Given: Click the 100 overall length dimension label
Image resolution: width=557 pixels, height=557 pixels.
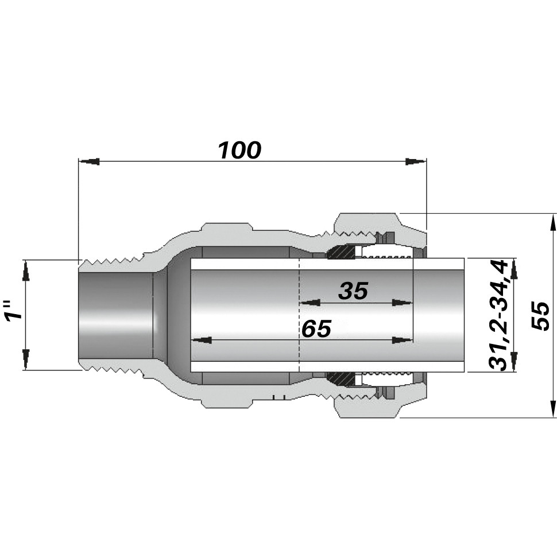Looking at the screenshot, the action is [x=240, y=150].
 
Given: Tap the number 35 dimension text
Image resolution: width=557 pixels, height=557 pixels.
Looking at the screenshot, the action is [x=353, y=291].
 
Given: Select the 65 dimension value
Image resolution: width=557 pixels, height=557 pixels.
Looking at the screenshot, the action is [x=316, y=328].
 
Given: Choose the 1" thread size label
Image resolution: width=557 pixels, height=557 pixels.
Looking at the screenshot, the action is [x=14, y=310].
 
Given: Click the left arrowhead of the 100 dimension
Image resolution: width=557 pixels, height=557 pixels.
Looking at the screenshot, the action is [x=89, y=161].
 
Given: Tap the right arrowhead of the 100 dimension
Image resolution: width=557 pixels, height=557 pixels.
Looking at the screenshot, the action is [x=416, y=161].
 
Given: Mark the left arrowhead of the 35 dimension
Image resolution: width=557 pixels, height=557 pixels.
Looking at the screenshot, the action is [x=311, y=303].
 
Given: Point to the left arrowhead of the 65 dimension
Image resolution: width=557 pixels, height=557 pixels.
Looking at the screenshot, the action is [x=202, y=341].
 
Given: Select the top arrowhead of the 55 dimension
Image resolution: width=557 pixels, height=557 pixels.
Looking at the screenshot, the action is [x=552, y=224].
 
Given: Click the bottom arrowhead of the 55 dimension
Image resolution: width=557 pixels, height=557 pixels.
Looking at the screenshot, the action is [x=552, y=407].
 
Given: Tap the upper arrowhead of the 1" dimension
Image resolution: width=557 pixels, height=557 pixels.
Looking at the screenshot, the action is [x=26, y=270].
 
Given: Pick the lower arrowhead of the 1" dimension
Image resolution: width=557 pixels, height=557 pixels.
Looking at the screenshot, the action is [x=26, y=360].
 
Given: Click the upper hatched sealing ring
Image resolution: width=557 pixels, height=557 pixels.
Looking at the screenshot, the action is [x=341, y=252].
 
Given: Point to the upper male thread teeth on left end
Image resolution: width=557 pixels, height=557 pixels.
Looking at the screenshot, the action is [x=112, y=263].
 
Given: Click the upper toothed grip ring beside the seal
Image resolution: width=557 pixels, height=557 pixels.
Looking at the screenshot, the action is [x=386, y=257].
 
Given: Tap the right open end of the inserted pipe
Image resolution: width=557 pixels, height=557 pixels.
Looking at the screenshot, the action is [x=465, y=315].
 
